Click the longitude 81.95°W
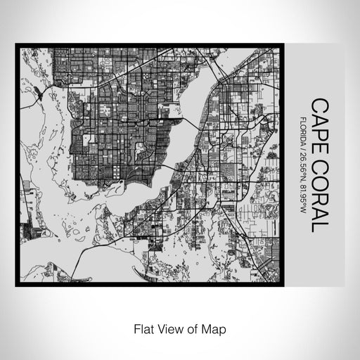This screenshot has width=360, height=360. (x=302, y=201)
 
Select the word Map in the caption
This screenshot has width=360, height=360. (x=216, y=327)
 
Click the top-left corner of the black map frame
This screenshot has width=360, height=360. (x=17, y=46)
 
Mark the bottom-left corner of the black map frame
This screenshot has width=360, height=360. (x=17, y=285)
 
